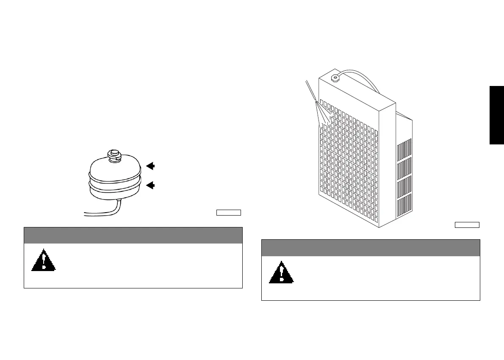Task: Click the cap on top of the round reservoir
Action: tap(114, 154)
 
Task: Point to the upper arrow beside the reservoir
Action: tap(150, 166)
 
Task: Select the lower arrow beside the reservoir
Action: tap(150, 185)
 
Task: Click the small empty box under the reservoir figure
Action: tap(229, 212)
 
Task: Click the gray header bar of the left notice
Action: tap(133, 235)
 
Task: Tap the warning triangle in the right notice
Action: tap(281, 273)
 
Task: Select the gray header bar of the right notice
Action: tap(371, 248)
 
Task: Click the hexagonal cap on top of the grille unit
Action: tap(336, 78)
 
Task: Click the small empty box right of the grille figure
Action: tap(467, 224)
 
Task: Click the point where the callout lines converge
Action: tap(316, 102)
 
